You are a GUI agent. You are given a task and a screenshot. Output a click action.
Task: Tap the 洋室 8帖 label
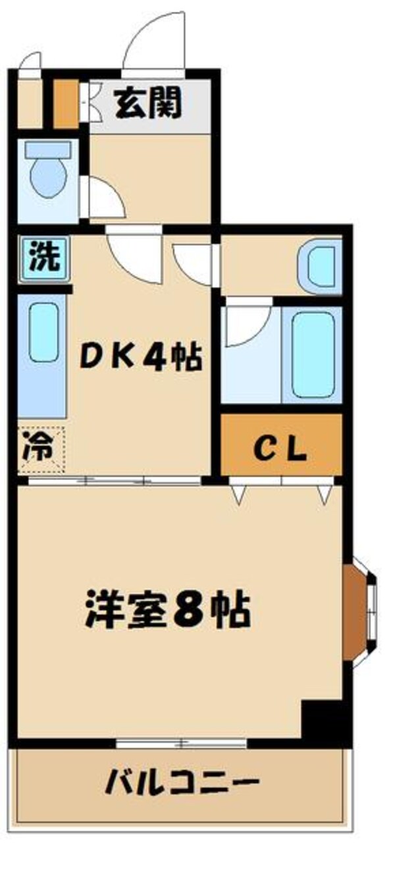pos(167,611)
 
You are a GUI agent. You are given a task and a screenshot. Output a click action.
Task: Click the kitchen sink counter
pos(43,352)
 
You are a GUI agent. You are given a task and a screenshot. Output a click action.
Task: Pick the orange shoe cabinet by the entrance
pos(66,104)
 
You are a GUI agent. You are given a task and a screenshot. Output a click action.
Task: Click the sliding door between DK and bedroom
pos(115,480)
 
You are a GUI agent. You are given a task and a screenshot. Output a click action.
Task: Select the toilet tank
pos(48,149)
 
